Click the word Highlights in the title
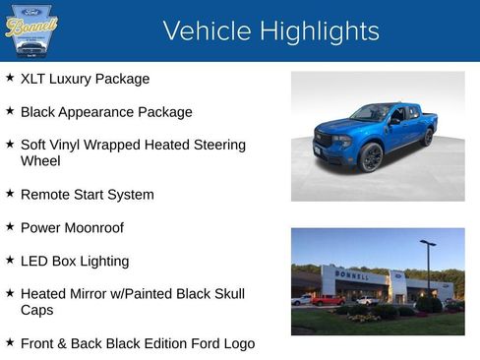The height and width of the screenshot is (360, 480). point(314,30)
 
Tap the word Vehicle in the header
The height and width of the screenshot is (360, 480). point(203,30)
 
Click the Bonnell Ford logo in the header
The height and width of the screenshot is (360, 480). point(30,30)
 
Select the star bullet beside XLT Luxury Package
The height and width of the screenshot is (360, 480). point(10,78)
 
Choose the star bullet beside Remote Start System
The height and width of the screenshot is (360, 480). point(10,194)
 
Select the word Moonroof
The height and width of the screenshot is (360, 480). point(101,227)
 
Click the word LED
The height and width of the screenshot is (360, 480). point(34,261)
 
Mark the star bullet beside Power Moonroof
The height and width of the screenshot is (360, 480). point(10,227)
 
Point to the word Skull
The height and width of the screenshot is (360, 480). point(224,293)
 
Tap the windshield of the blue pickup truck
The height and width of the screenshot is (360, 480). point(371,113)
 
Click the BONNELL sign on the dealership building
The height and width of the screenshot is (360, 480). point(352,275)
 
